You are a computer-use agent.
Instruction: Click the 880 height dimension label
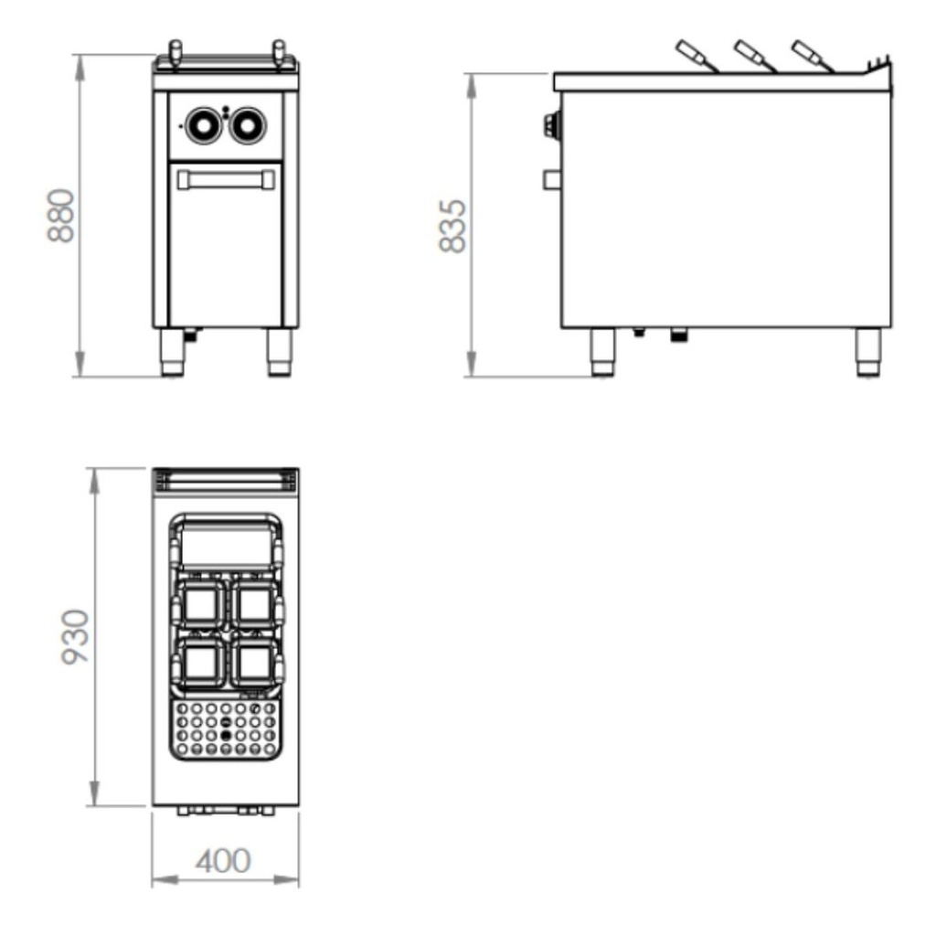(x=61, y=216)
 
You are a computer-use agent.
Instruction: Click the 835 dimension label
(x=452, y=227)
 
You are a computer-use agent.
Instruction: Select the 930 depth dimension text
(x=75, y=636)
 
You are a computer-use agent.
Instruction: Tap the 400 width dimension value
(x=223, y=861)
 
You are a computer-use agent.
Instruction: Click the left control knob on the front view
(x=203, y=125)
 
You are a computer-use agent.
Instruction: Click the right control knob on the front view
(x=248, y=125)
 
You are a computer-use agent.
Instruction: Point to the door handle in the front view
(x=227, y=180)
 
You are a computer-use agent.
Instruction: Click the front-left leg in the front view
(x=173, y=352)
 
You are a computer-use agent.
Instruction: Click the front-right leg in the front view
(x=280, y=352)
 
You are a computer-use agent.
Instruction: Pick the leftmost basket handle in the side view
(x=697, y=56)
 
